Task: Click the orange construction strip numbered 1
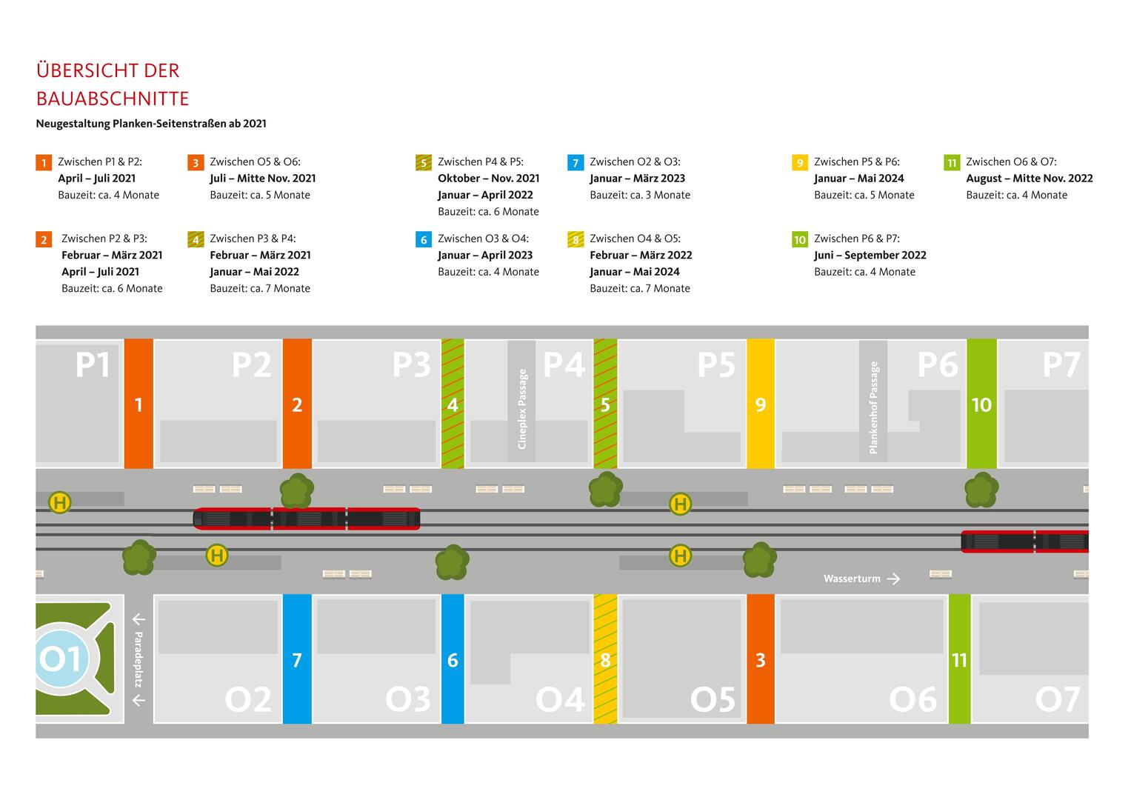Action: pyautogui.click(x=139, y=404)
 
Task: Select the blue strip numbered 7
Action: pyautogui.click(x=297, y=659)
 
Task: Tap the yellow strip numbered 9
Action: pyautogui.click(x=761, y=404)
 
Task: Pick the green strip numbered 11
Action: pyautogui.click(x=959, y=659)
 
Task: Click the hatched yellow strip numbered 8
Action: pyautogui.click(x=605, y=659)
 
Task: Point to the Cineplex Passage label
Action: pyautogui.click(x=522, y=409)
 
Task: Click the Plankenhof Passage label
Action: pyautogui.click(x=874, y=407)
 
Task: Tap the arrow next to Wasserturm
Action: pyautogui.click(x=893, y=579)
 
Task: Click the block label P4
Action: pyautogui.click(x=564, y=364)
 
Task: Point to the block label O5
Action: pyautogui.click(x=713, y=699)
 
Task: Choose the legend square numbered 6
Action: pyautogui.click(x=423, y=239)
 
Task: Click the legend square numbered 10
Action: pyautogui.click(x=799, y=239)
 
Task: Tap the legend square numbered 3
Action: pyautogui.click(x=196, y=163)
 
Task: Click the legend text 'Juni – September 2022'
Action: pyautogui.click(x=870, y=256)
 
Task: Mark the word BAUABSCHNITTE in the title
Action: pyautogui.click(x=113, y=99)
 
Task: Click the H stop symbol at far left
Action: pyautogui.click(x=59, y=503)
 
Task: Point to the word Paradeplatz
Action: pyautogui.click(x=139, y=659)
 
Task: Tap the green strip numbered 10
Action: pyautogui.click(x=981, y=404)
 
